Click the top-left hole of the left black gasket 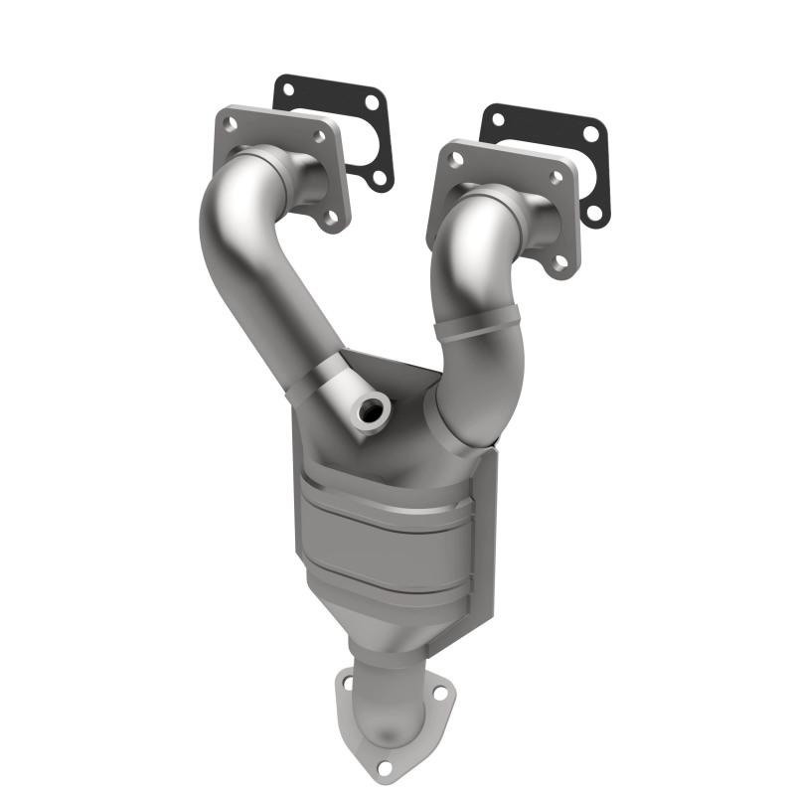287,89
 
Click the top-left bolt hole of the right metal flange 456,159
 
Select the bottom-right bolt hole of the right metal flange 560,261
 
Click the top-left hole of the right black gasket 497,119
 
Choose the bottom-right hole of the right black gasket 595,211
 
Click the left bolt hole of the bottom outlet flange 347,684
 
